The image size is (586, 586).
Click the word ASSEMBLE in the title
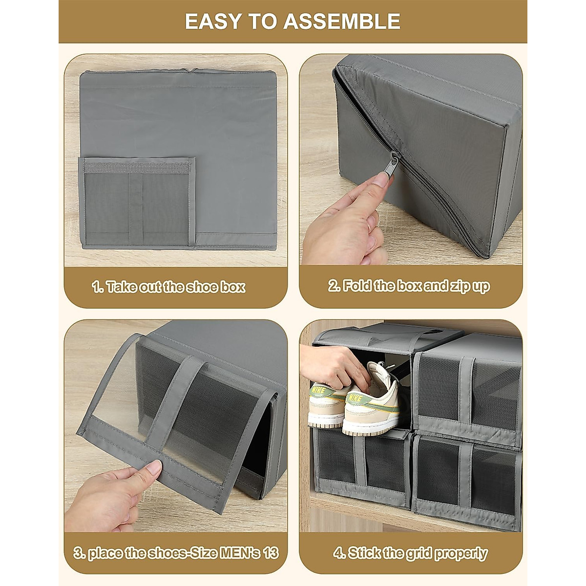click(342, 21)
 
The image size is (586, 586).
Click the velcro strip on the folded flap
click(137, 167)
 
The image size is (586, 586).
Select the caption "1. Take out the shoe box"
click(168, 287)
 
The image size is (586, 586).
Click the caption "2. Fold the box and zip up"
click(408, 286)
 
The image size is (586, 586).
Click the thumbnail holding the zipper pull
click(380, 179)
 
